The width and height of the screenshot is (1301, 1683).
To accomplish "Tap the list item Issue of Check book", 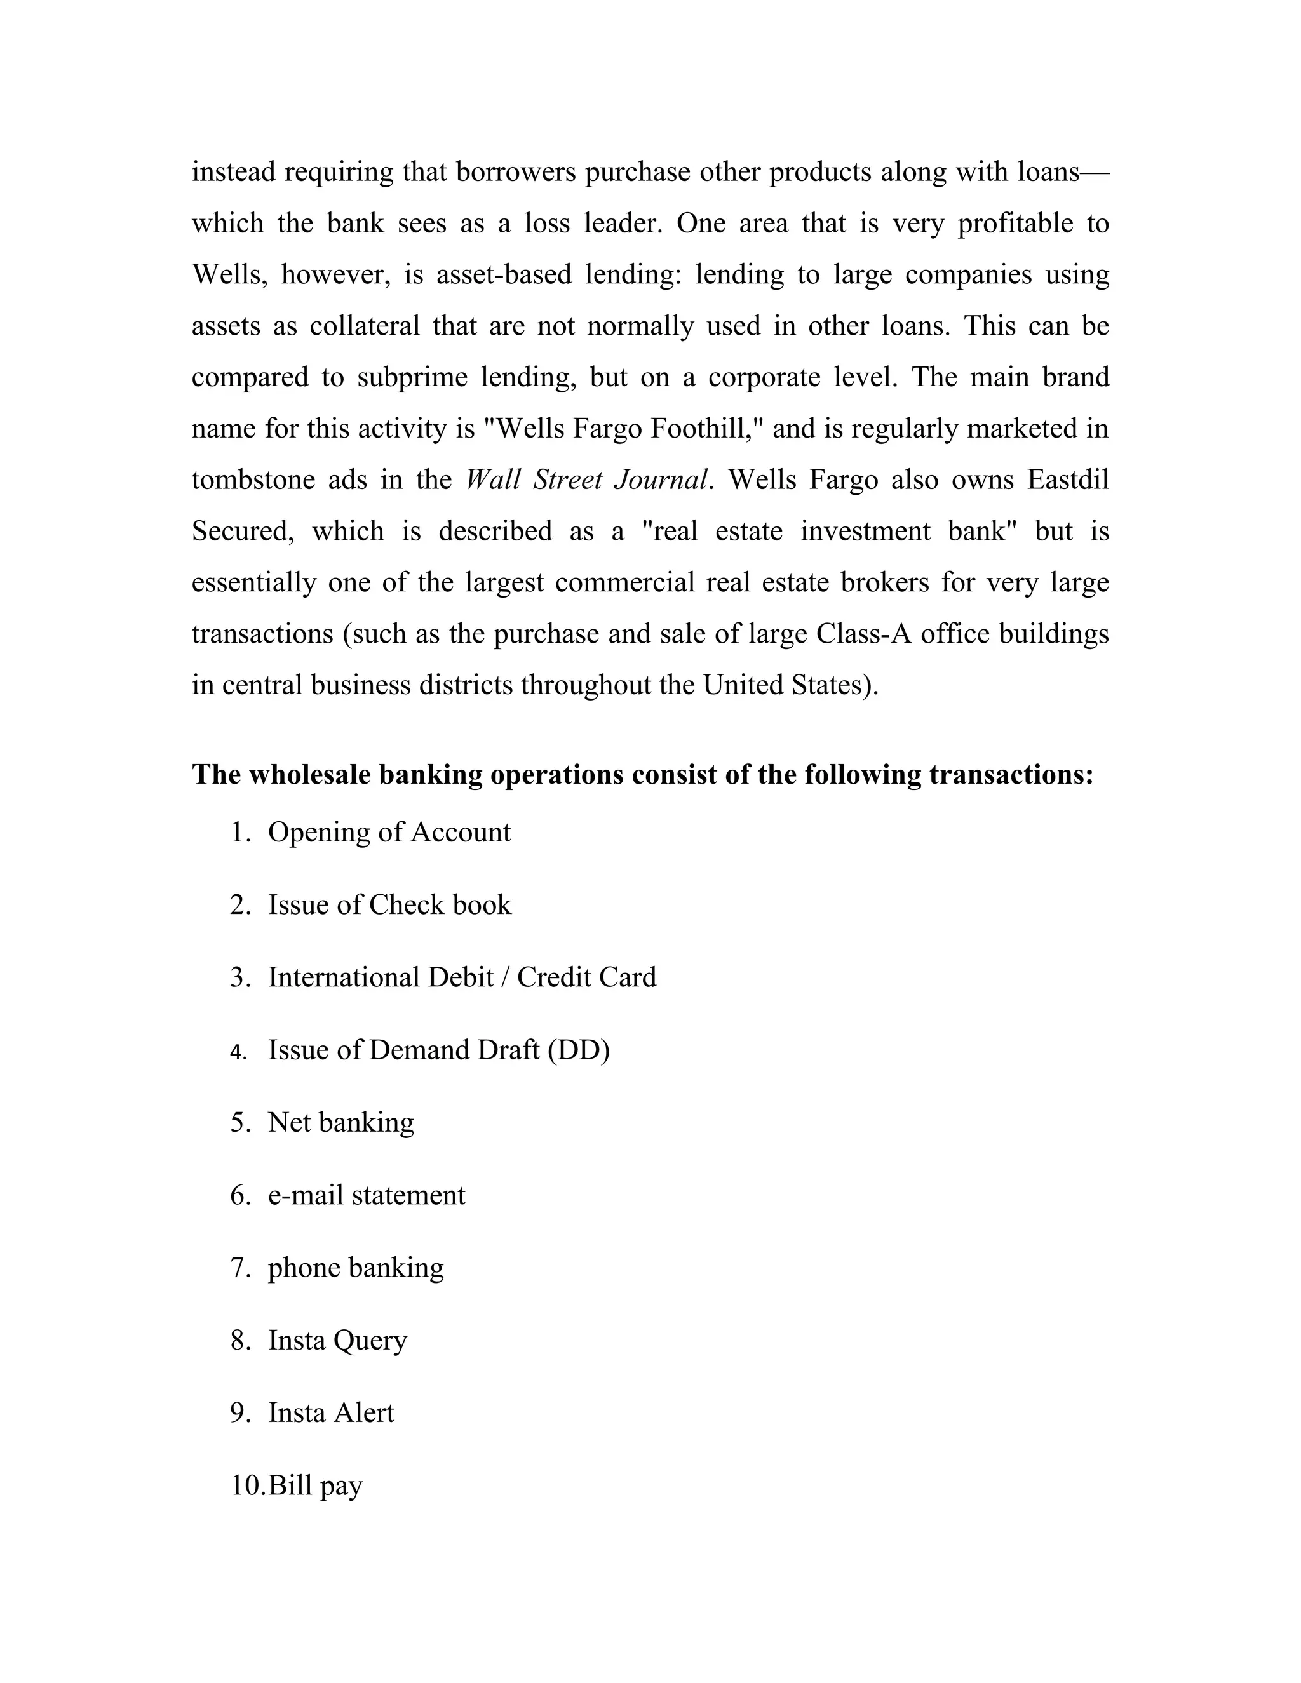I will point(389,904).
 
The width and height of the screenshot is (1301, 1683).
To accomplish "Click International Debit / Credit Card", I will point(462,977).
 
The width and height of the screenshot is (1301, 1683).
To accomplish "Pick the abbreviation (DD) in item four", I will point(579,1050).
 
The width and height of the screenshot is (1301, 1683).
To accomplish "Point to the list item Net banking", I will point(340,1123).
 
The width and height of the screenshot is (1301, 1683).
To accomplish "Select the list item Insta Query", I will point(337,1341).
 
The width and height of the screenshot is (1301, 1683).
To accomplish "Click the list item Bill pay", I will point(314,1485).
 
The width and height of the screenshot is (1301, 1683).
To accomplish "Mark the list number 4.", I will point(238,1052).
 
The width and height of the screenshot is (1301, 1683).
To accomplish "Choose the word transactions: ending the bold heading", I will point(1011,774).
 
